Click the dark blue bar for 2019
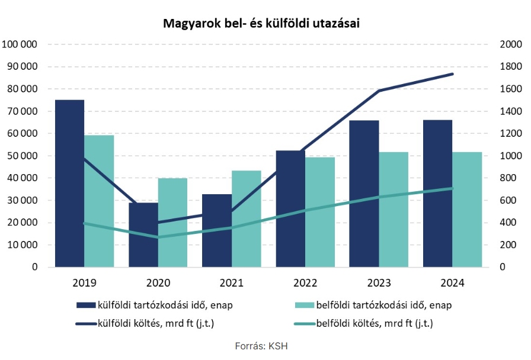click(69, 184)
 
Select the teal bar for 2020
click(172, 223)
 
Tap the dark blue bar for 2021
click(217, 231)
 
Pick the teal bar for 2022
click(320, 212)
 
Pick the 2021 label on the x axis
click(231, 283)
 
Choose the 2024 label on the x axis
click(453, 283)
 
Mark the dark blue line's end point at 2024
click(453, 74)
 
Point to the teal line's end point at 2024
click(453, 188)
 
